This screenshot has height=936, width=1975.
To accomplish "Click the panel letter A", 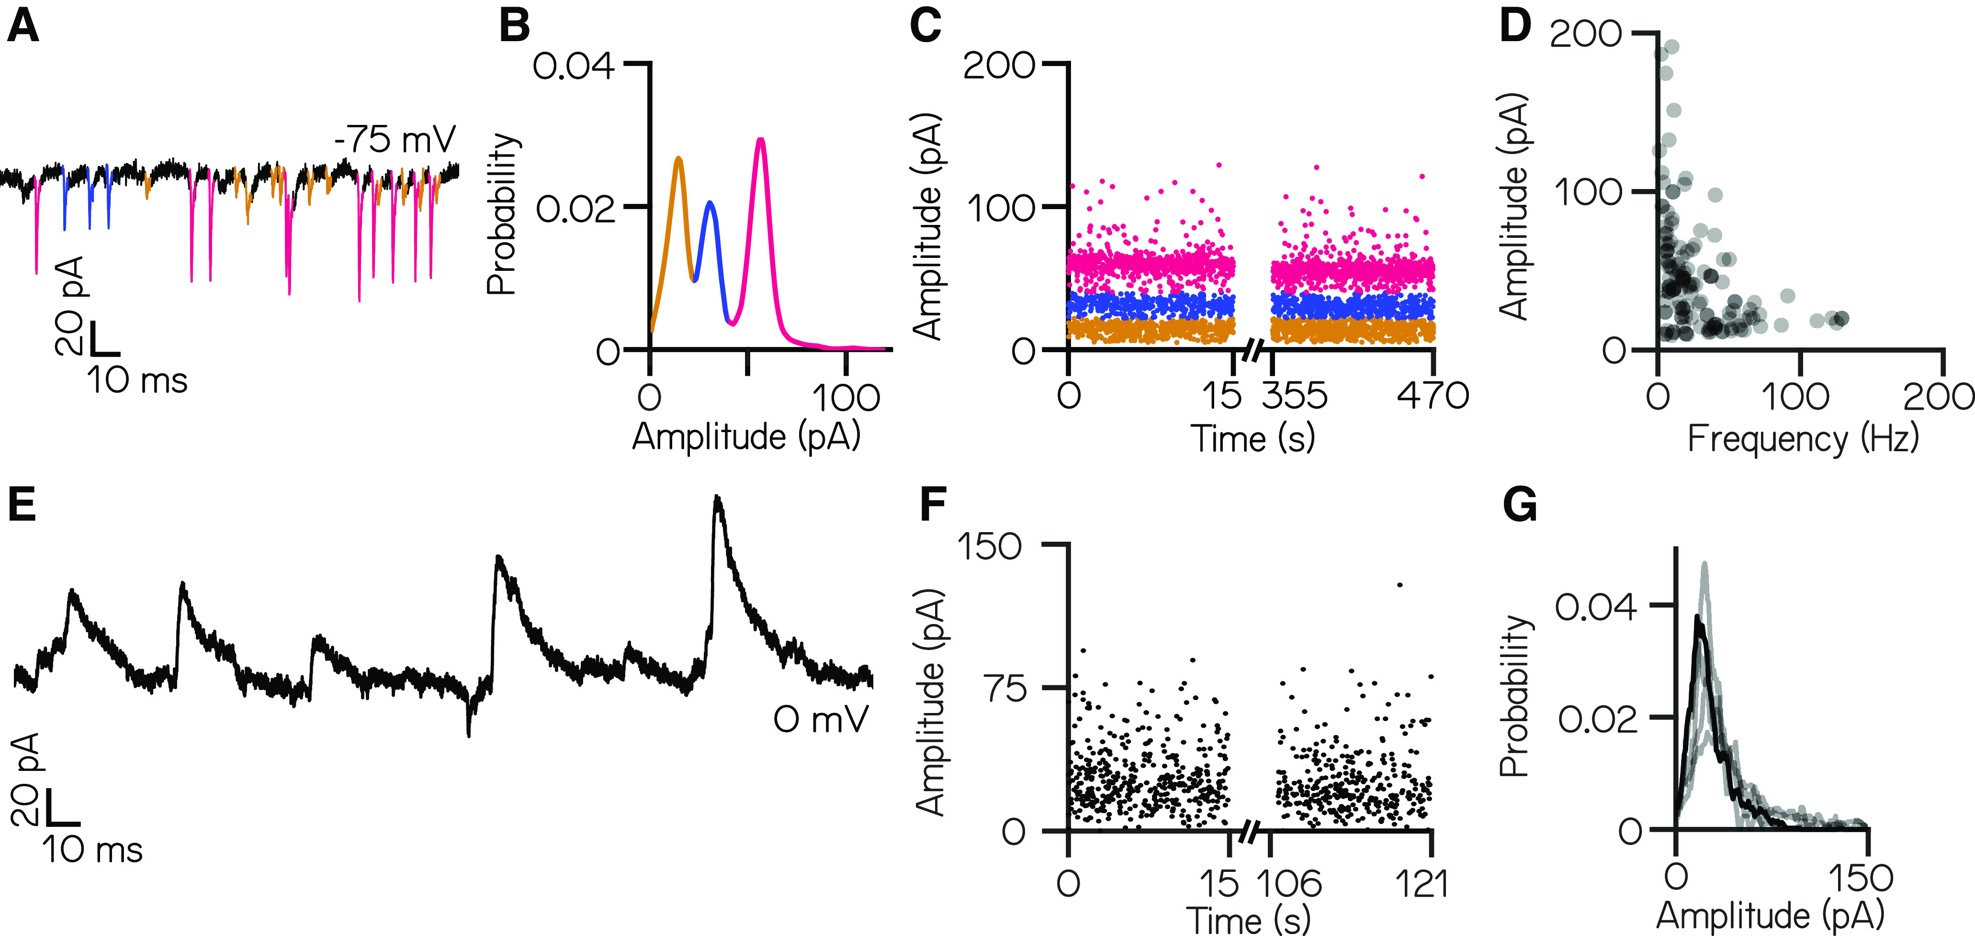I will (23, 28).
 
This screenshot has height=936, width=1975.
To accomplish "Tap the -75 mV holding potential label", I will (395, 140).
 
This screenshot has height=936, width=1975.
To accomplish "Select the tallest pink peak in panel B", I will (760, 140).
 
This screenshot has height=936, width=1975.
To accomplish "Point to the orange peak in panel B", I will (678, 159).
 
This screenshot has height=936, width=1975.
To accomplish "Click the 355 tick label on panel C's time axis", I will (1295, 396).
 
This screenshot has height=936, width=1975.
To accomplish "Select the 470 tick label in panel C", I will (1432, 396).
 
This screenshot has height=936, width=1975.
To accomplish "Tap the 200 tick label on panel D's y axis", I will (1586, 34).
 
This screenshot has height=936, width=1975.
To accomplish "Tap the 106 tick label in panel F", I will (1289, 884).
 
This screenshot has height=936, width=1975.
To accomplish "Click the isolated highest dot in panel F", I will (1400, 585).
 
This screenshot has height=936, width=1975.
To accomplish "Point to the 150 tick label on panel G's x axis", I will (1862, 878).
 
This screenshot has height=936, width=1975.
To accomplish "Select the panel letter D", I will (1515, 28).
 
